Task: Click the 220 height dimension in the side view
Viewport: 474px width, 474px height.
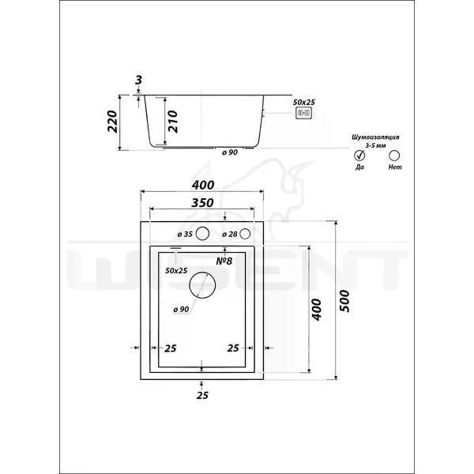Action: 112,121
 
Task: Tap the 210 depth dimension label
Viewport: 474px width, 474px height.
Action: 172,121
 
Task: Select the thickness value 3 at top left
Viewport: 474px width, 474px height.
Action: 138,80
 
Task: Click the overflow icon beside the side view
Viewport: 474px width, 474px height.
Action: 303,113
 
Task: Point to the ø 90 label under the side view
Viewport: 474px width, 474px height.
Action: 230,152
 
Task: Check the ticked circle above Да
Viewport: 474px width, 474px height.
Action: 359,156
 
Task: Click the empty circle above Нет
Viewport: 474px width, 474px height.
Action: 394,156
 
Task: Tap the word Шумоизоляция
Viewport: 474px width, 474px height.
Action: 375,137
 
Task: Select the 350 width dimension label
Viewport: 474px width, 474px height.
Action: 202,203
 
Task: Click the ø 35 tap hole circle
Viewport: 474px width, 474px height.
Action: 202,234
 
